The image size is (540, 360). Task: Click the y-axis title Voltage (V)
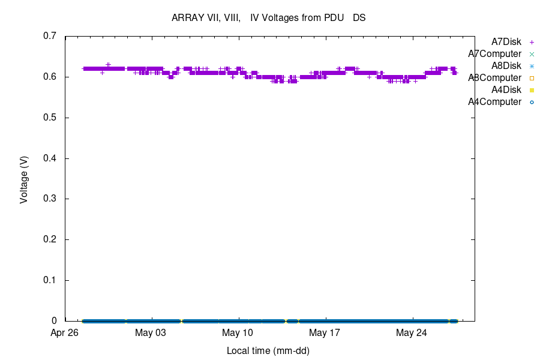(x=24, y=179)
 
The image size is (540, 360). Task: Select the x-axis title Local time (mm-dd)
(x=268, y=350)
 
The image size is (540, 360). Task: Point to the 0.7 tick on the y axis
(x=50, y=36)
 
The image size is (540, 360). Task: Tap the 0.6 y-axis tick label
(x=50, y=77)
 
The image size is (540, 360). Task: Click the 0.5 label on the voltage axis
(x=50, y=118)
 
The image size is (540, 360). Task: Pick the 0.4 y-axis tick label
(x=50, y=158)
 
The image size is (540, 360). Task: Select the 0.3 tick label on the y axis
(x=50, y=199)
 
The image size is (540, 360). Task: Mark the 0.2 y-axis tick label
(x=50, y=239)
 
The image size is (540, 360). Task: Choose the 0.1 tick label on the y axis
(x=50, y=280)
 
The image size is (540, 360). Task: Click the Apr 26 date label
(x=65, y=333)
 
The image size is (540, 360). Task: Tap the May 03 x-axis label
(x=151, y=333)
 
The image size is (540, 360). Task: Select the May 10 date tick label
(x=238, y=333)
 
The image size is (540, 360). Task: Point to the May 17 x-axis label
(x=325, y=333)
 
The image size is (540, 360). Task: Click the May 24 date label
(x=412, y=333)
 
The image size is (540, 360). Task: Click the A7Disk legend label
(x=506, y=42)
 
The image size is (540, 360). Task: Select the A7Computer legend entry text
(x=494, y=54)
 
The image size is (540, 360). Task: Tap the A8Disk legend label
(x=506, y=66)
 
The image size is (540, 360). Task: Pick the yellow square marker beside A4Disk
(x=532, y=90)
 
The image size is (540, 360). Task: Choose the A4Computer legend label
(x=494, y=102)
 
